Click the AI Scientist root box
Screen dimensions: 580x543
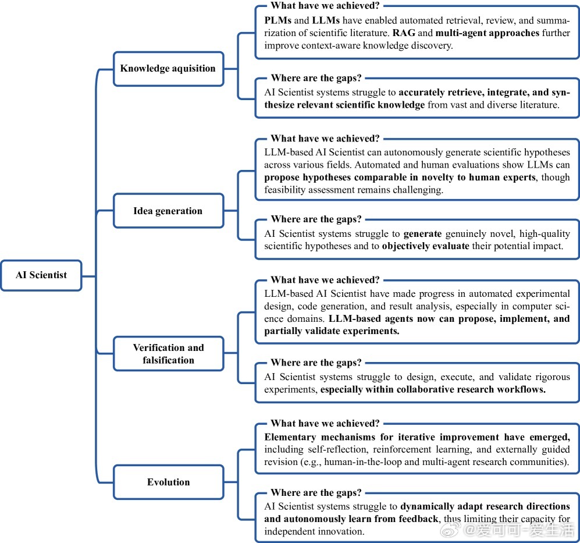(x=41, y=275)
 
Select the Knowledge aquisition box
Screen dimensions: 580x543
(x=168, y=69)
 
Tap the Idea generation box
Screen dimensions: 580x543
(x=168, y=211)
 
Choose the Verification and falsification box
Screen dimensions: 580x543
(x=168, y=353)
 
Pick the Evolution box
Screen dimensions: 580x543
(x=168, y=482)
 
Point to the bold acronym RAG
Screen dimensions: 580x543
(x=404, y=33)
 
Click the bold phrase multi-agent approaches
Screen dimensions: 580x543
(x=487, y=33)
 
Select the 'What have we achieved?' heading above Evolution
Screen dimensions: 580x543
(x=325, y=423)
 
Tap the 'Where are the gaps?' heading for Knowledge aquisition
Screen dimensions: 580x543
(x=316, y=78)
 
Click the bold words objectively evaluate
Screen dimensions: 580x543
(x=425, y=246)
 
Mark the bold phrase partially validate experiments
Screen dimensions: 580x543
(x=332, y=331)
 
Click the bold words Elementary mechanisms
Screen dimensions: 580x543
(x=319, y=437)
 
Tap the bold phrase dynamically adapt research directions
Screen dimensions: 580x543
(x=485, y=506)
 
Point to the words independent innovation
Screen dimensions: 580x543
(x=314, y=531)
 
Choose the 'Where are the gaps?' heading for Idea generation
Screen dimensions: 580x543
(x=316, y=219)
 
